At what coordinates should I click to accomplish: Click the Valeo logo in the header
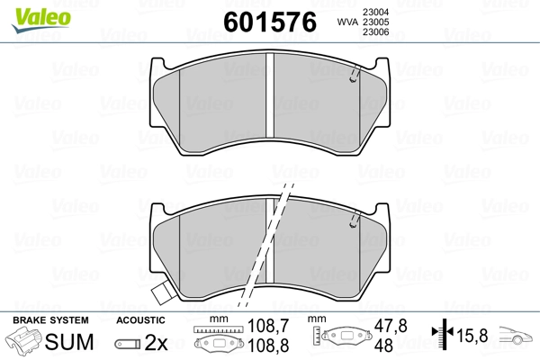point(41,20)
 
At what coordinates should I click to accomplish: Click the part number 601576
point(270,22)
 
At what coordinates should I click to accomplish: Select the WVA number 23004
point(375,12)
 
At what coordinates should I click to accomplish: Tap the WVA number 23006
point(375,32)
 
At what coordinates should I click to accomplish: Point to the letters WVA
point(347,22)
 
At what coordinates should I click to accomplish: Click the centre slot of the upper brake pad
point(270,95)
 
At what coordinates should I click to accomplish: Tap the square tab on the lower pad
point(163,294)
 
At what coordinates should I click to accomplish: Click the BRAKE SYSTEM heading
point(50,320)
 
